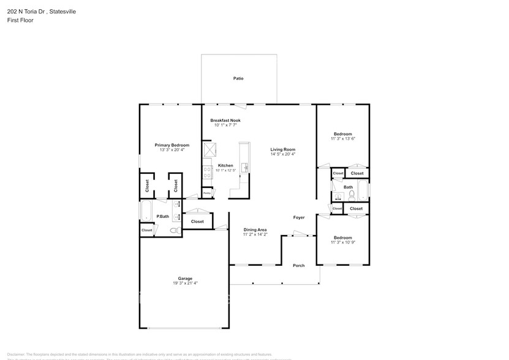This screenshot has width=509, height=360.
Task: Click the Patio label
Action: (238, 78)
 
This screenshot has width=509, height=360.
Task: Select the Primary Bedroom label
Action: (172, 145)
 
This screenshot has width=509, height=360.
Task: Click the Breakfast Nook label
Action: (225, 121)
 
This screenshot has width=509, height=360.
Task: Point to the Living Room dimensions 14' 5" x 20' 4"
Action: (283, 154)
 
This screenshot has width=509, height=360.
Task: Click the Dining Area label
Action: (255, 230)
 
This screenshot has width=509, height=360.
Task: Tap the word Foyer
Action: (298, 217)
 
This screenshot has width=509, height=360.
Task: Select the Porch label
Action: (298, 265)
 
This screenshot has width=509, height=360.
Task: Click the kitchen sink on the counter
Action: (244, 167)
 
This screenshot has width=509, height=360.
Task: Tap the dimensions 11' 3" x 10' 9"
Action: (342, 242)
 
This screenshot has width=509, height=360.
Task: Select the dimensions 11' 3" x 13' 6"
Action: (342, 139)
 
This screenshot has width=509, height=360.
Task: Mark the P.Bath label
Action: (162, 216)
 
